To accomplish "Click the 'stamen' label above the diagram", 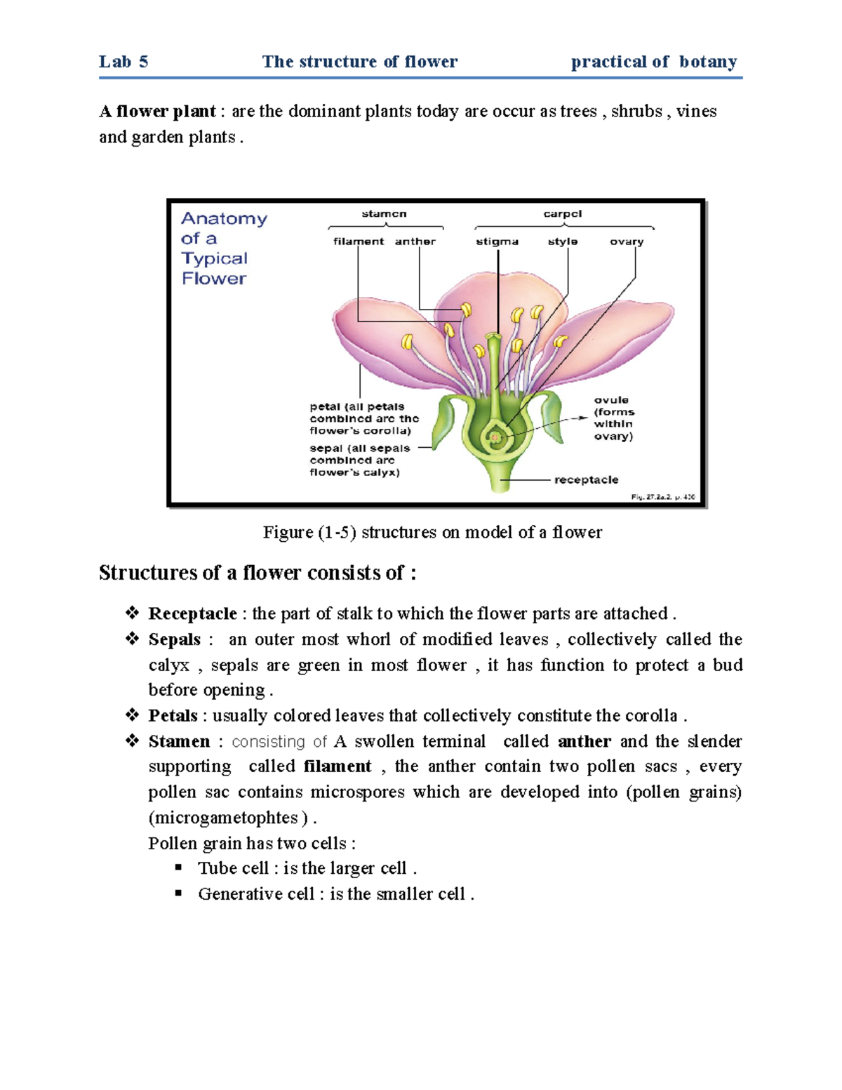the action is (x=384, y=214).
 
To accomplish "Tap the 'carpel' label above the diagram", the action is (x=562, y=214).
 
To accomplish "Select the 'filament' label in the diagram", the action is (x=358, y=241).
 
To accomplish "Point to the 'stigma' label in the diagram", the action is (x=497, y=241).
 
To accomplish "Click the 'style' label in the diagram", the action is (x=563, y=241).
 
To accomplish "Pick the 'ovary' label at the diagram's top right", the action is (x=627, y=241).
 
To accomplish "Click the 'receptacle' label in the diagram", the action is (x=586, y=480).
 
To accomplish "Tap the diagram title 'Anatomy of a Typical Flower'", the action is (x=223, y=248).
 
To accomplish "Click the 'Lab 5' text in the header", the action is (x=123, y=62).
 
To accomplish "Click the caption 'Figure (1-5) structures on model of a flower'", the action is (x=432, y=532).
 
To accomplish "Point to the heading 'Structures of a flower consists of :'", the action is (x=258, y=573).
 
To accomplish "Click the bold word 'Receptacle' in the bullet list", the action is (x=192, y=614).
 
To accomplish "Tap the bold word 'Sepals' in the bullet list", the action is (x=175, y=639).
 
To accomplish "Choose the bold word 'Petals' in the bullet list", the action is (x=173, y=716).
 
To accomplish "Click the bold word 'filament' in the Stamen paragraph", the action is (x=338, y=766).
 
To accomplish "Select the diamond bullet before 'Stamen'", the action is (x=132, y=740).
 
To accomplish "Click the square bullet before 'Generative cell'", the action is (x=179, y=893).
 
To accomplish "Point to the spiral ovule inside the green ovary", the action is (x=496, y=438).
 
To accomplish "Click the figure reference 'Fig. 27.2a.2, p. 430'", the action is (x=662, y=497).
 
